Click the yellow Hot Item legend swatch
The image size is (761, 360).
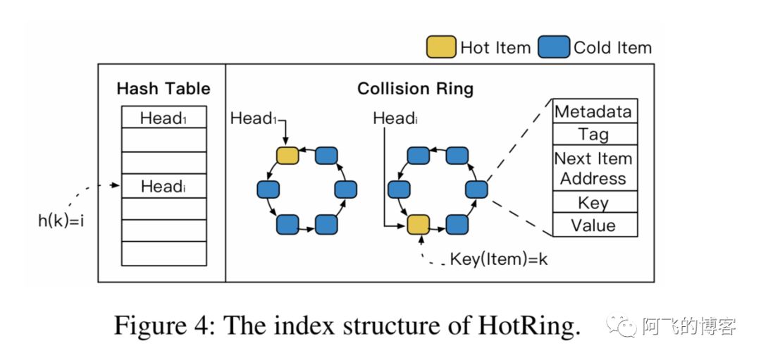coord(440,47)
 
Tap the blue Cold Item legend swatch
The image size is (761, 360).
coord(553,47)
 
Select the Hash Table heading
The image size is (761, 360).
coord(163,89)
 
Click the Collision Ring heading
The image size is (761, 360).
coord(415,89)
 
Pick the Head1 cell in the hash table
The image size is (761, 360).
coord(163,118)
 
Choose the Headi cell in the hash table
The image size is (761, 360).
coord(163,186)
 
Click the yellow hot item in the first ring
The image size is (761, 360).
coord(287,156)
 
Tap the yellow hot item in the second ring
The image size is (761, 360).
coord(418,225)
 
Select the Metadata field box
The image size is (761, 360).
coord(594,111)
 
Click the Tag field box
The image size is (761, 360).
coord(594,134)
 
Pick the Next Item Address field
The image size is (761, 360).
coord(594,168)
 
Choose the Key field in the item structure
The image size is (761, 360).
coord(594,202)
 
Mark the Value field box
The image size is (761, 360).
coord(594,225)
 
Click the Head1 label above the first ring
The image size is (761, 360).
coord(254,118)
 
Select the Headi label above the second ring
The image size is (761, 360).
coord(395,118)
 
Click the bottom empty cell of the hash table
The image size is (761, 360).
coord(163,252)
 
